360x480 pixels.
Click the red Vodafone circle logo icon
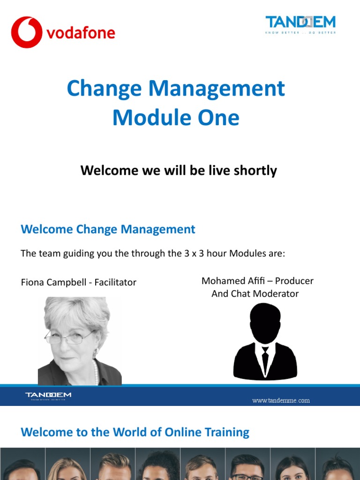(x=27, y=32)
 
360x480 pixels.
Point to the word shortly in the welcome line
(x=253, y=170)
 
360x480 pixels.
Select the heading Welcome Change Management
(x=108, y=229)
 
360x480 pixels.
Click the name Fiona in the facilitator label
(x=34, y=282)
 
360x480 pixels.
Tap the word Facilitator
(x=115, y=282)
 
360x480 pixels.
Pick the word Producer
(x=294, y=281)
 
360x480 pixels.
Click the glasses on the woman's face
(x=69, y=337)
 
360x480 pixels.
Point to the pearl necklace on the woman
(x=96, y=371)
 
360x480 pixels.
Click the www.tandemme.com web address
(x=281, y=400)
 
